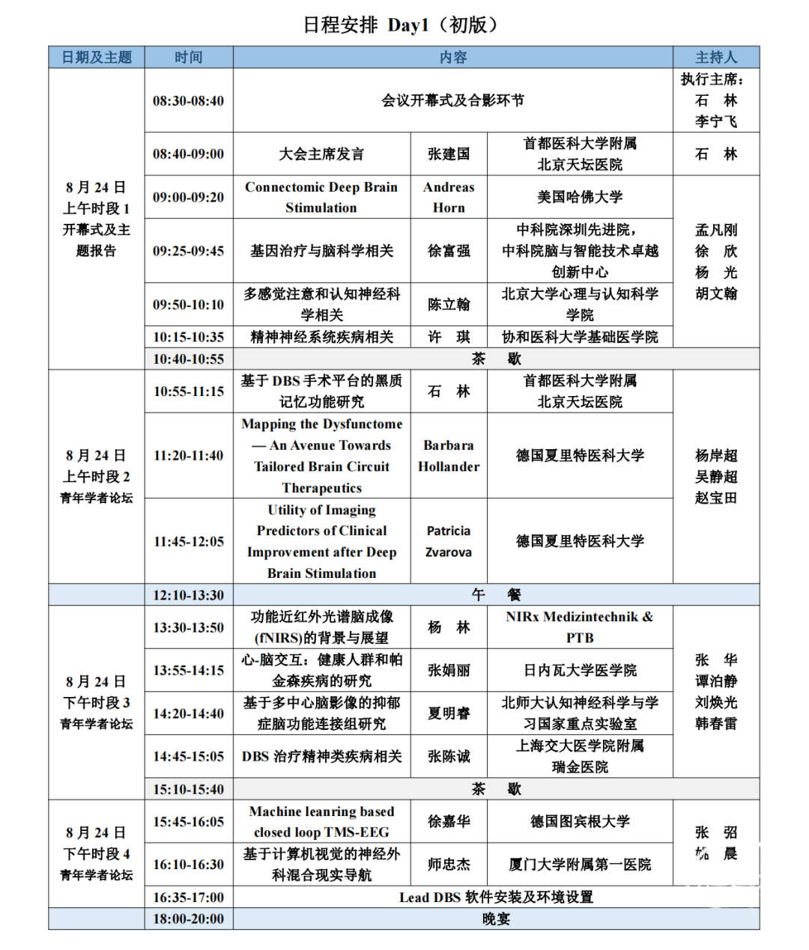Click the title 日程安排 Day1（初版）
pos(400,25)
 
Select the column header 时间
pos(188,57)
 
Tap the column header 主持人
pos(715,57)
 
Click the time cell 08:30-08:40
pos(188,100)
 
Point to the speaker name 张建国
pos(449,154)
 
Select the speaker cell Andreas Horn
pos(449,197)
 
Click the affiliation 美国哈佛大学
pos(580,197)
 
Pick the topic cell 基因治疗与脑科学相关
pos(321,251)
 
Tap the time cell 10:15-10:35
pos(188,337)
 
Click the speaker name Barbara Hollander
pos(449,455)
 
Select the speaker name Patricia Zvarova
pos(449,541)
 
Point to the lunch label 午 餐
pos(495,595)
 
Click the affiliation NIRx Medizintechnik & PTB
pos(580,627)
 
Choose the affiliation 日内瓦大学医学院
pos(580,670)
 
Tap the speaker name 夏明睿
pos(449,713)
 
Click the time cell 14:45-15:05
pos(188,756)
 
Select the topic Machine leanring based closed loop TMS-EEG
pos(321,821)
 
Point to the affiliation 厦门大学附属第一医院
pos(580,865)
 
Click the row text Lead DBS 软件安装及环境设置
pos(495,897)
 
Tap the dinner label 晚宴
pos(495,919)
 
